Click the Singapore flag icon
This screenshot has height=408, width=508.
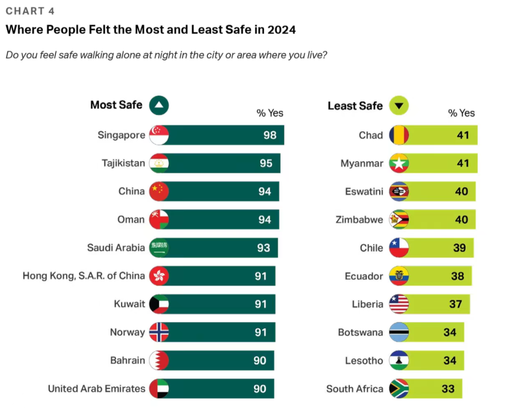pyautogui.click(x=159, y=136)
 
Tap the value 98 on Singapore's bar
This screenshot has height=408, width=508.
pyautogui.click(x=270, y=136)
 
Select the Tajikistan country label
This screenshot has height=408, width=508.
pyautogui.click(x=123, y=163)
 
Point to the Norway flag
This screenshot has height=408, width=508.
pyautogui.click(x=159, y=333)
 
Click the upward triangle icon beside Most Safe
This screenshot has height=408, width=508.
pyautogui.click(x=159, y=106)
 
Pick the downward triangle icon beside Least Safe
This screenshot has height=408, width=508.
pyautogui.click(x=399, y=106)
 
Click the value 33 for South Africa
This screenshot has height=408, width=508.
pyautogui.click(x=448, y=389)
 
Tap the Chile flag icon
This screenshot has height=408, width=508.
pyautogui.click(x=399, y=248)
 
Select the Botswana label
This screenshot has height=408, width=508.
pyautogui.click(x=360, y=333)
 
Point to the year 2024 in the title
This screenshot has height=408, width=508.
pyautogui.click(x=281, y=30)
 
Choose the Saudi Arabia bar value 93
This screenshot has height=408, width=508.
pyautogui.click(x=263, y=248)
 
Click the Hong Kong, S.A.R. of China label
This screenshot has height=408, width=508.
pyautogui.click(x=84, y=276)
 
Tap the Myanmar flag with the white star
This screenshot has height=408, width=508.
pyautogui.click(x=399, y=163)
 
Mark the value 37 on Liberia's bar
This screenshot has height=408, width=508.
pyautogui.click(x=455, y=304)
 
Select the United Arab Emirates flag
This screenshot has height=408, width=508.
pyautogui.click(x=159, y=389)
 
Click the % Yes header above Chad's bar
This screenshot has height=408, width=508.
pyautogui.click(x=461, y=113)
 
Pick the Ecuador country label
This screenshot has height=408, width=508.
pyautogui.click(x=364, y=276)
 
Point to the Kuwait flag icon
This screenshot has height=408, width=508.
pyautogui.click(x=159, y=304)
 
